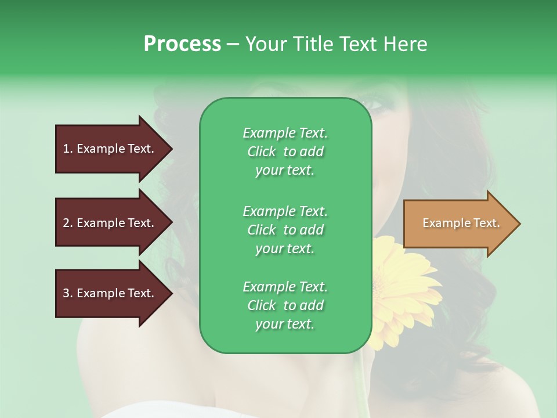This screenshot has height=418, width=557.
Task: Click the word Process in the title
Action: (x=182, y=44)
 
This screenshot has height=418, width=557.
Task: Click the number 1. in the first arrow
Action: (x=68, y=149)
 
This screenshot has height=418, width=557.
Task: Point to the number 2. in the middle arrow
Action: (x=68, y=223)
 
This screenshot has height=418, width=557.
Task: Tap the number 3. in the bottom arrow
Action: (x=68, y=293)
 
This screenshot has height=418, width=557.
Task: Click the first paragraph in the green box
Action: (x=285, y=152)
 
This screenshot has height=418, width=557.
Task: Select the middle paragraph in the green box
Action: (x=285, y=230)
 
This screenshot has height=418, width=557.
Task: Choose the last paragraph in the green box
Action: (x=285, y=305)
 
